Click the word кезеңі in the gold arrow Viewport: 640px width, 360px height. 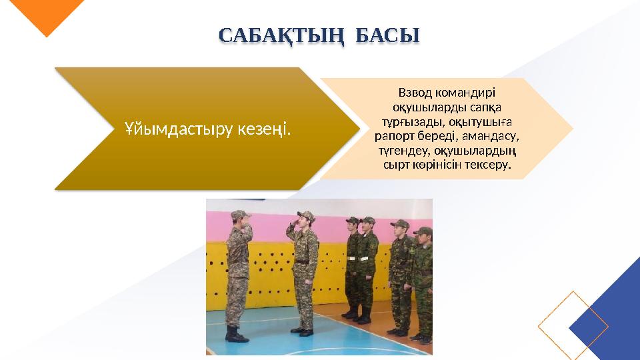(x=264, y=129)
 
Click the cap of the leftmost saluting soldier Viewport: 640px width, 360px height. (x=238, y=215)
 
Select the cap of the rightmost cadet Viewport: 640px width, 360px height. (x=423, y=232)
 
